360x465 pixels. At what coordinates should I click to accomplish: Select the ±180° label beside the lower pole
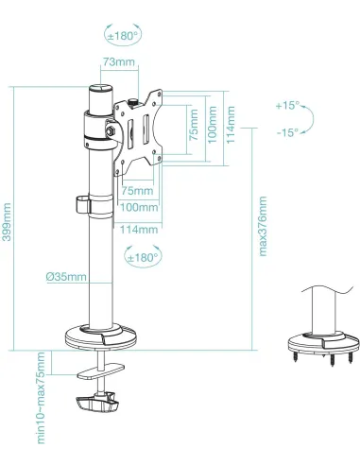pyautogui.click(x=142, y=255)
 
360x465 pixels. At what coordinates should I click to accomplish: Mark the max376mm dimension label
pyautogui.click(x=264, y=228)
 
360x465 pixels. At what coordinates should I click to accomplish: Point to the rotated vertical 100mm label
pyautogui.click(x=212, y=118)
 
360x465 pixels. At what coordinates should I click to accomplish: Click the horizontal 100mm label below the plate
pyautogui.click(x=139, y=208)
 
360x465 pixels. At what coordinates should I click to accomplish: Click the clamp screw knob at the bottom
pyautogui.click(x=96, y=405)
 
